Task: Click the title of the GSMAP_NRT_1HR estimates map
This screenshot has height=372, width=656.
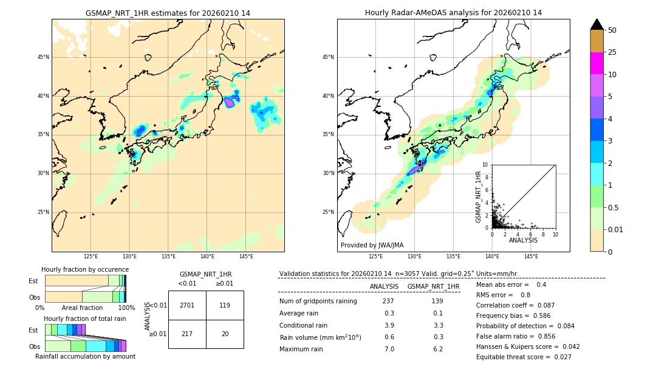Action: [168, 13]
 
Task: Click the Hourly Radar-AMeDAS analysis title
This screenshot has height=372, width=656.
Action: [453, 13]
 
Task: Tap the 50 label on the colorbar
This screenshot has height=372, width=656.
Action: [613, 30]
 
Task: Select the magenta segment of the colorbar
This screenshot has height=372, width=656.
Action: [597, 63]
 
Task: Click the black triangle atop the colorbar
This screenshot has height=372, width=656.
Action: [597, 24]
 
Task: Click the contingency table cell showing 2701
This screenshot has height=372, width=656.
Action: [187, 305]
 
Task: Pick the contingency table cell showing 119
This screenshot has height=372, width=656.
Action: [225, 305]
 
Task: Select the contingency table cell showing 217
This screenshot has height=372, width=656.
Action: [187, 334]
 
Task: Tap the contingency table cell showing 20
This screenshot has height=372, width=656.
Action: [225, 334]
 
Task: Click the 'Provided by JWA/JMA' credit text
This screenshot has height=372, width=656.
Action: [372, 245]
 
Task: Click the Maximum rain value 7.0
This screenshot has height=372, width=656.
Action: [389, 349]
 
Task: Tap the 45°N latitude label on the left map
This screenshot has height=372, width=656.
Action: [43, 57]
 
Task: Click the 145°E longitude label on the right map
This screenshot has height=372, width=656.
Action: [531, 257]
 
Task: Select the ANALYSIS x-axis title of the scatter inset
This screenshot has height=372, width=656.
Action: [524, 241]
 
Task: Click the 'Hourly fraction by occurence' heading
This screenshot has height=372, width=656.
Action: [85, 269]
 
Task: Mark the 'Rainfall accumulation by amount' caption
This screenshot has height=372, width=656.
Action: [85, 356]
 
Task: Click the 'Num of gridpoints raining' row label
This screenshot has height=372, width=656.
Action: [318, 301]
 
